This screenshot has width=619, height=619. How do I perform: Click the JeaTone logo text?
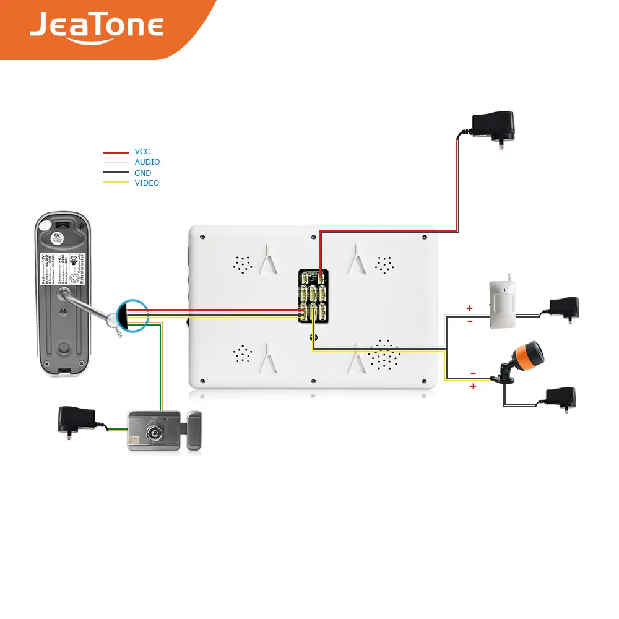96,25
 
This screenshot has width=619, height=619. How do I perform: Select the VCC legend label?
142,152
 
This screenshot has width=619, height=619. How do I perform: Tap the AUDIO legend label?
147,162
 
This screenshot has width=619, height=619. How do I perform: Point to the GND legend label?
142,173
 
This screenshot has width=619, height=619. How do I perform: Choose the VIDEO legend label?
147,183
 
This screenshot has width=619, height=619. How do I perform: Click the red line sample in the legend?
115,152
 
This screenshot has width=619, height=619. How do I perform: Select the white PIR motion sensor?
502,303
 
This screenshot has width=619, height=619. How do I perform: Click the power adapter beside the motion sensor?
563,308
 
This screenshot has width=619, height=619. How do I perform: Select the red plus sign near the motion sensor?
469,308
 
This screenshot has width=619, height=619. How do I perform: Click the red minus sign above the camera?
473,374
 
